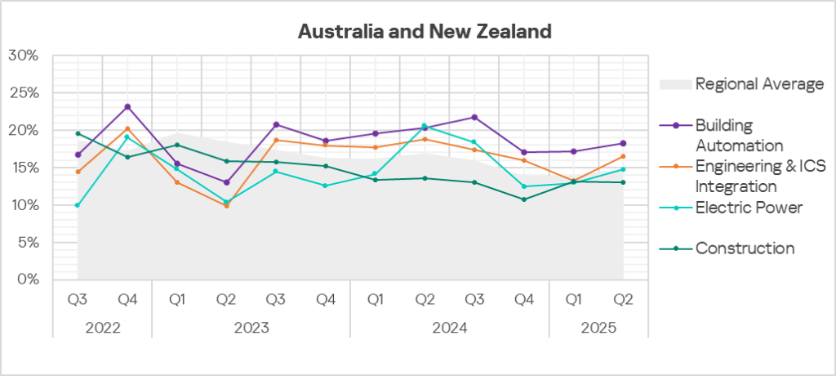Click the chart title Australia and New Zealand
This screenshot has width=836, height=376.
click(x=425, y=32)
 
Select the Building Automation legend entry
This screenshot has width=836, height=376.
click(x=739, y=135)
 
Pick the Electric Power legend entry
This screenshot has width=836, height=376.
click(x=749, y=208)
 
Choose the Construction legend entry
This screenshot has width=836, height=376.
click(x=745, y=248)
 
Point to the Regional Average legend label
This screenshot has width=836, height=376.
click(x=758, y=83)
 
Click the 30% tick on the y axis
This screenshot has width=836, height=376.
click(x=24, y=56)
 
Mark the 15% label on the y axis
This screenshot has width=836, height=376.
click(x=24, y=168)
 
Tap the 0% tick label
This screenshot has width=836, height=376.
click(x=27, y=280)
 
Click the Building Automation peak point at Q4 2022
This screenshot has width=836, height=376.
click(x=127, y=106)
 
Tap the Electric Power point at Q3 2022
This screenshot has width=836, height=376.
click(x=78, y=205)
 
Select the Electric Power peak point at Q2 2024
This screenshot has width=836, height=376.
click(x=425, y=126)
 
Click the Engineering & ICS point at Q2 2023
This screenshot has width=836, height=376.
click(x=226, y=205)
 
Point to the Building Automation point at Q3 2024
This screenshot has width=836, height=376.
click(x=474, y=117)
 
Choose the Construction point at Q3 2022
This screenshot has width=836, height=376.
click(x=78, y=133)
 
